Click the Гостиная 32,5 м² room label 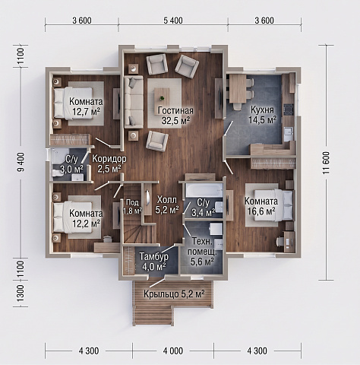175,116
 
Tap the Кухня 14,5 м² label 262,115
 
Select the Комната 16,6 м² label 261,206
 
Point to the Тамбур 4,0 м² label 153,261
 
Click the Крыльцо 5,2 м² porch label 174,294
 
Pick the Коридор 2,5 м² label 109,163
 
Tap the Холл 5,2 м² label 167,205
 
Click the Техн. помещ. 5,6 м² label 202,252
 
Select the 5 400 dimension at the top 173,21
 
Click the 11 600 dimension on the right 326,163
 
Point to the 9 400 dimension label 21,162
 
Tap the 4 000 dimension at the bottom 173,351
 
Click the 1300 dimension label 21,294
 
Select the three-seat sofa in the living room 134,102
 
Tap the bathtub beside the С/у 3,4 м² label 204,190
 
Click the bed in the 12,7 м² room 73,103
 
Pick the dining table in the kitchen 238,88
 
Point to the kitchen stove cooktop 289,109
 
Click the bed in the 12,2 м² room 73,217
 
